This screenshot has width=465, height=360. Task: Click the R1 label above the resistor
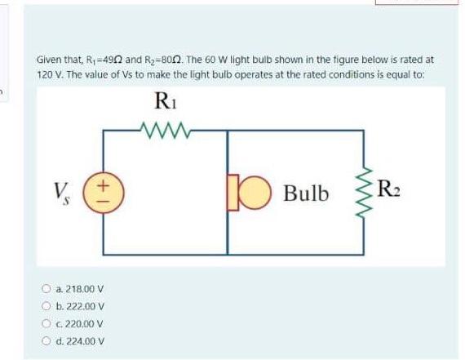point(165,103)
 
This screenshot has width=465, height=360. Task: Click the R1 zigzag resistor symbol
point(165,129)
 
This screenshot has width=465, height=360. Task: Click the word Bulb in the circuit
point(306,194)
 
